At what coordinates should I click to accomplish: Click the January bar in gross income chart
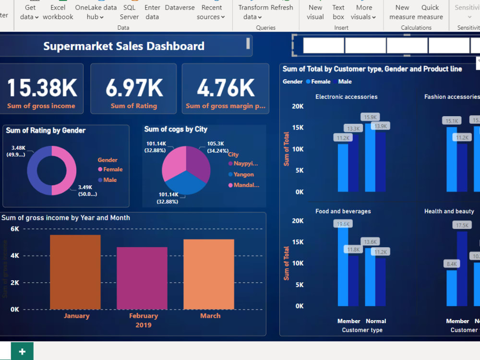(75, 272)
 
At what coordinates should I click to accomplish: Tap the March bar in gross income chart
(209, 274)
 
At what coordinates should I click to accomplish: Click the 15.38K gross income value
(42, 88)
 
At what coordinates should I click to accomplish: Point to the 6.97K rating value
(134, 88)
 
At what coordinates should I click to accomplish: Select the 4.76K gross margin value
(226, 88)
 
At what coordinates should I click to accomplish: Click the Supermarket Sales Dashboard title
(124, 46)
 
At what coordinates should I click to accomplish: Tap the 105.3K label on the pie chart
(216, 144)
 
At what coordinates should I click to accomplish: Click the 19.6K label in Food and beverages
(343, 224)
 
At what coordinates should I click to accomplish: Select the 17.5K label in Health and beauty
(462, 225)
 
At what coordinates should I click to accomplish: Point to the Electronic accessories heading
(346, 97)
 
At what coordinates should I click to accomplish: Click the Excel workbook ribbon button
(58, 12)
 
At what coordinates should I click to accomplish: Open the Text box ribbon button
(338, 12)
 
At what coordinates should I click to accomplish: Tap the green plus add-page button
(22, 351)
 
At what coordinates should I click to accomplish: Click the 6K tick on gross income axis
(15, 229)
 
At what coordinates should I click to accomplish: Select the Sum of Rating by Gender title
(46, 131)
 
